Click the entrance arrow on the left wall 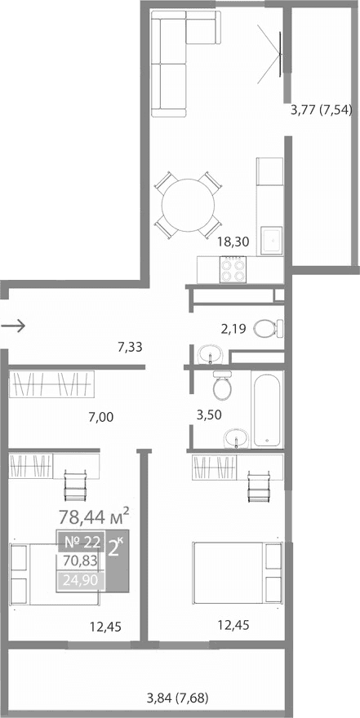click(x=15, y=326)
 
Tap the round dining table click(x=189, y=205)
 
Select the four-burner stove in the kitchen click(x=233, y=268)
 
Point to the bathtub click(x=269, y=407)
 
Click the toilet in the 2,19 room click(x=268, y=328)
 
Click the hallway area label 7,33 click(x=131, y=347)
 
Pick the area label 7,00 click(x=101, y=417)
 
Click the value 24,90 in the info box click(x=80, y=581)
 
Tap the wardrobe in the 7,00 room click(x=52, y=383)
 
